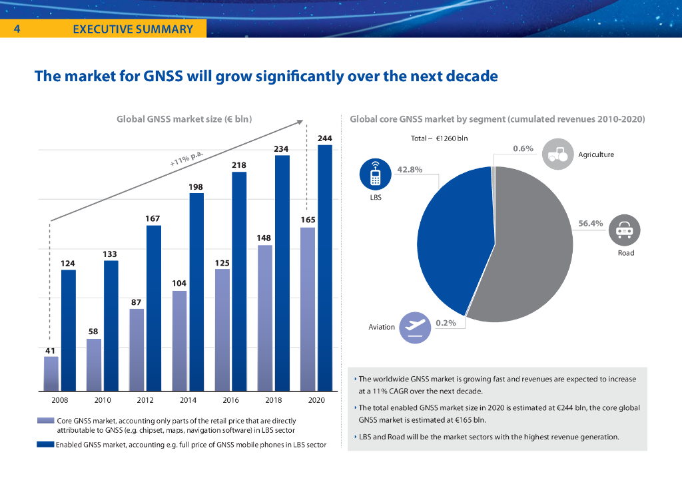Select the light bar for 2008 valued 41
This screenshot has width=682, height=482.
[51, 373]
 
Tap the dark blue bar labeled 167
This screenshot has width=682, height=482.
[154, 308]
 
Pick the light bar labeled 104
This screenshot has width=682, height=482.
[180, 340]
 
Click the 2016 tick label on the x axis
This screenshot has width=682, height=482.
[230, 400]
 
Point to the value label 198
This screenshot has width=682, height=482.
[196, 187]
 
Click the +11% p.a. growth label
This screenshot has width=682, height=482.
[186, 158]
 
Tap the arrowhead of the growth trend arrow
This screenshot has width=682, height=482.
[300, 122]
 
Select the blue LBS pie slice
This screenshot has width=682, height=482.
[453, 233]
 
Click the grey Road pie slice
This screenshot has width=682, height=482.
[533, 253]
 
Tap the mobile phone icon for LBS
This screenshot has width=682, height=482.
[376, 175]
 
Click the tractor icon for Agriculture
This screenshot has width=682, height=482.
[557, 154]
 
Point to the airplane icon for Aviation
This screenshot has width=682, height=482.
[416, 327]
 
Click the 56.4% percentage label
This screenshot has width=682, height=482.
[590, 224]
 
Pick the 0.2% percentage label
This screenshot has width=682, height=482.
[446, 323]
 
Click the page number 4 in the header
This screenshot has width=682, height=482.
[16, 29]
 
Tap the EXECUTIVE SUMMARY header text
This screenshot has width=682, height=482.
[133, 29]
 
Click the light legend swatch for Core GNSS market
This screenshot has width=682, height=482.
[45, 421]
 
